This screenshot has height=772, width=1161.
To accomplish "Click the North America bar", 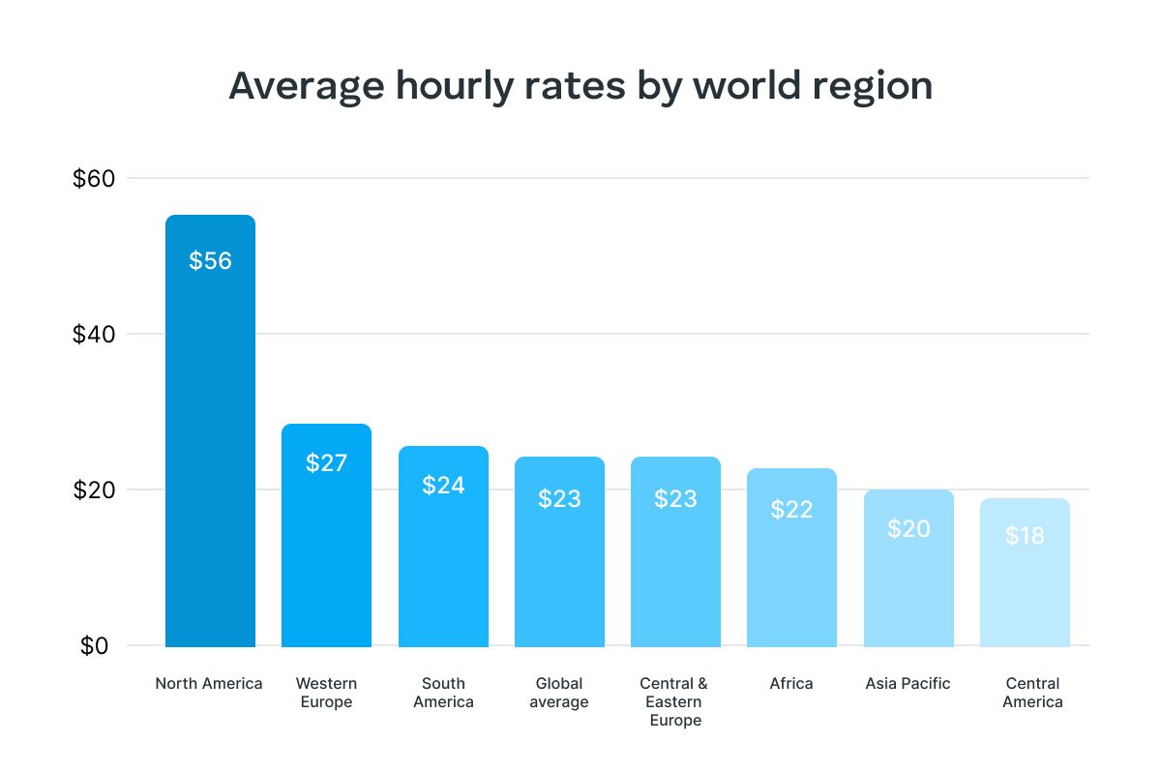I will [210, 435].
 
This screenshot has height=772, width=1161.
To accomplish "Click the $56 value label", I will [210, 260].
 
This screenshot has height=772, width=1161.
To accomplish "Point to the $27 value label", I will [326, 462].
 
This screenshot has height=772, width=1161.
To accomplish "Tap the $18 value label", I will [1025, 535].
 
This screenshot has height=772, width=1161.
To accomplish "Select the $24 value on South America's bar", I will [443, 485].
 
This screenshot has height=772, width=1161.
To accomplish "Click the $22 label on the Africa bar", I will [791, 509].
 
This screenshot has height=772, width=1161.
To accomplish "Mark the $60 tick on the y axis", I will [94, 179].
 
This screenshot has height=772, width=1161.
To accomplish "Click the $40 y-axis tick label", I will [94, 335].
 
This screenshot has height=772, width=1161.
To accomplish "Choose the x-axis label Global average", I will [559, 693].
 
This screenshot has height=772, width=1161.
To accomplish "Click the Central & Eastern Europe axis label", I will [675, 701].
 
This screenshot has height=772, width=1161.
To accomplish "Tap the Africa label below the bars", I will [791, 683].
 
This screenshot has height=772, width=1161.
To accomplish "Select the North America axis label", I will [209, 683].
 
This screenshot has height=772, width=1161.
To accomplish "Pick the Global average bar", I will [559, 571].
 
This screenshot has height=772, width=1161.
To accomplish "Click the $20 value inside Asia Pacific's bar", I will [908, 528].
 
